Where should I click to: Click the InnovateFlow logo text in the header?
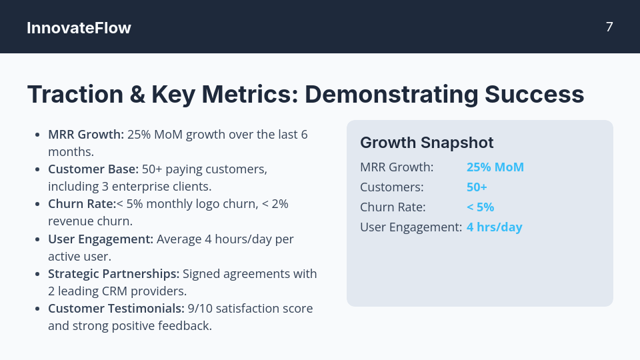pos(79,28)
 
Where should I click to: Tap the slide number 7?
pos(609,27)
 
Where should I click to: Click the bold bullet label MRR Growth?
pos(86,134)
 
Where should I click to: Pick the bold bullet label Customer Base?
pos(93,169)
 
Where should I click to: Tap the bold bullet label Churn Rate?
pos(82,203)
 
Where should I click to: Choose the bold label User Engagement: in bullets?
pos(101,239)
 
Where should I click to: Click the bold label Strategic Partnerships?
pos(113,273)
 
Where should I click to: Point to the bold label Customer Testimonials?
pos(116,308)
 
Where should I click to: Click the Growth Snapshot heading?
pos(427,143)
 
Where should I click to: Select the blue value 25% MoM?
pos(495,167)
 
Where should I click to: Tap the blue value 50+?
pos(477,187)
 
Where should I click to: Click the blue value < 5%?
pos(480,207)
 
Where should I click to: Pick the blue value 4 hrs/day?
pos(494,227)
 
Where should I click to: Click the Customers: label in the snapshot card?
pos(391,187)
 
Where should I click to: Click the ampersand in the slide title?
pos(137,95)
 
